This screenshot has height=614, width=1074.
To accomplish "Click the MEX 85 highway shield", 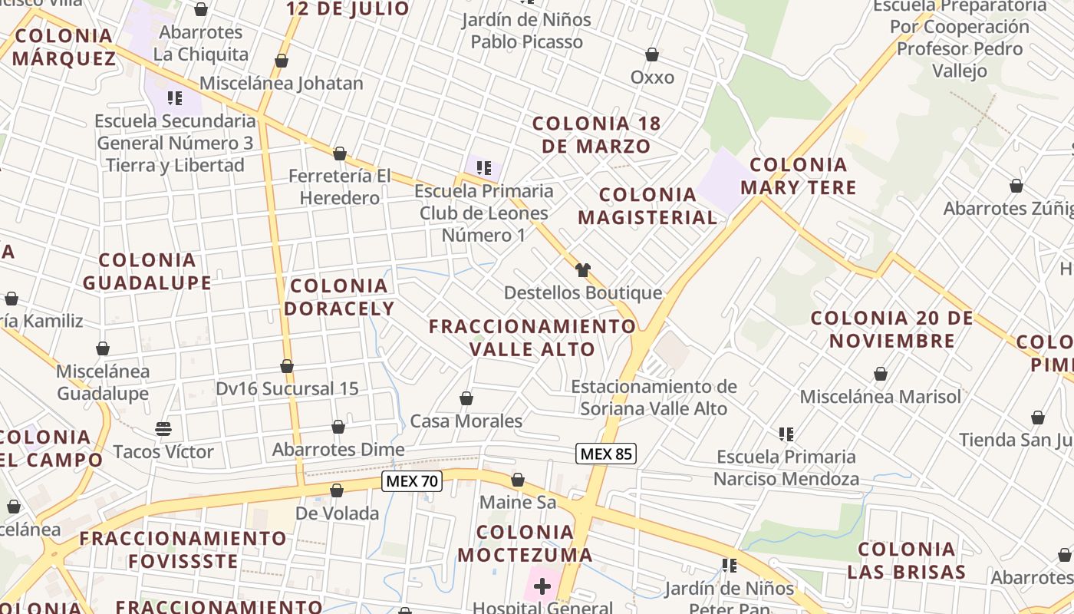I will [606, 454].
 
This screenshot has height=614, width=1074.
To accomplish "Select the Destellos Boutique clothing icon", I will [583, 269].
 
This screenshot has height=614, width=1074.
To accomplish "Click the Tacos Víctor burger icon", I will [163, 428].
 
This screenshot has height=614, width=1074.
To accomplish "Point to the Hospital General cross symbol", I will [542, 587].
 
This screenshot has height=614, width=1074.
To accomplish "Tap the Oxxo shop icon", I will [652, 54].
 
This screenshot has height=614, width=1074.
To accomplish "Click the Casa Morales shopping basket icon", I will [466, 398].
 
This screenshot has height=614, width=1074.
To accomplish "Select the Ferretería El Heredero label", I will [340, 187].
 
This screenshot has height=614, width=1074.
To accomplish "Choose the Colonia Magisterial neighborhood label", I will [647, 206].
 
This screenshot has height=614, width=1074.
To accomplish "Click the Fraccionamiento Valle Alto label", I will [532, 337].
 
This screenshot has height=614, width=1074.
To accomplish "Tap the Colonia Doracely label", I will [339, 297].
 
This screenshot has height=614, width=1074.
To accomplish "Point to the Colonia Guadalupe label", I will [147, 271].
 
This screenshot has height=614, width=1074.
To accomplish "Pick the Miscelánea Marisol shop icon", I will [881, 374].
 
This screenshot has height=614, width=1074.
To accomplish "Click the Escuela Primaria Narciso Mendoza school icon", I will [786, 434].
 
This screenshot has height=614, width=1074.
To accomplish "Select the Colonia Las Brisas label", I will [906, 560].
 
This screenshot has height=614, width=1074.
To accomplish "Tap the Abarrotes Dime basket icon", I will [338, 427].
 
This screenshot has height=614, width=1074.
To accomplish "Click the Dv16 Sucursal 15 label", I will [287, 388].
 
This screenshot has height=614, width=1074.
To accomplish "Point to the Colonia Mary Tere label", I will [798, 176].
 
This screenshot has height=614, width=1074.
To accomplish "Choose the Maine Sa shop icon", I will [518, 480].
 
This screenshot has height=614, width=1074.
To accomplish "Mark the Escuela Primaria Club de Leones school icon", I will [483, 167].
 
